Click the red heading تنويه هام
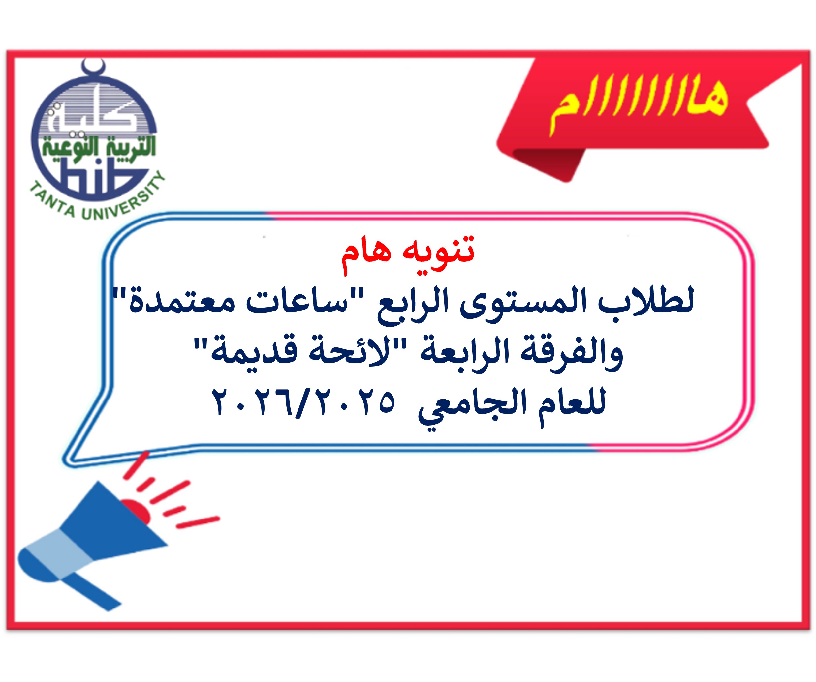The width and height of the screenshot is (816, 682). click(408, 254)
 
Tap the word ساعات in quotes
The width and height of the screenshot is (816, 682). click(297, 301)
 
